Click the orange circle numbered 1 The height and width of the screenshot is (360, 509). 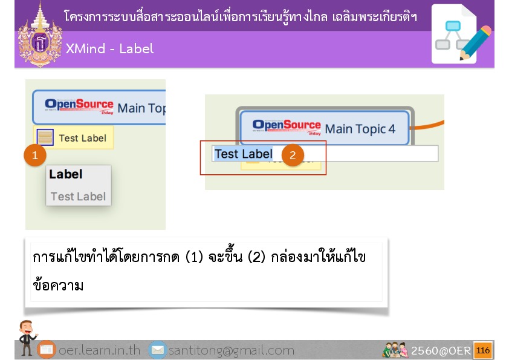35,155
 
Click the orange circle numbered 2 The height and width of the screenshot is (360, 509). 293,155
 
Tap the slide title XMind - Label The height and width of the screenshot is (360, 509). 109,49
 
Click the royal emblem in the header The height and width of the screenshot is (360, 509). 40,36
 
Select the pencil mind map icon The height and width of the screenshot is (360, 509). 461,34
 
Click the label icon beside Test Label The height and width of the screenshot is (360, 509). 45,137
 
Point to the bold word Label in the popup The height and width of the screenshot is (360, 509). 66,174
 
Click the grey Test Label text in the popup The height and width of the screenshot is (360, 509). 78,196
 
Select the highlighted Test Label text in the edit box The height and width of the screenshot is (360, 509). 244,154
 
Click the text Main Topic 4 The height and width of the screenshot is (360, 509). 360,129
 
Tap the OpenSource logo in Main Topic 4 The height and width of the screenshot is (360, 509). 287,127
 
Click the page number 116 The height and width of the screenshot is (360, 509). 483,350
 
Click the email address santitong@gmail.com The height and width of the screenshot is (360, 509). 232,350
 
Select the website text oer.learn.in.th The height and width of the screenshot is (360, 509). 99,350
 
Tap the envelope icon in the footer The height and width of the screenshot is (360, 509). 158,350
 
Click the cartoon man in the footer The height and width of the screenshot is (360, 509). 27,338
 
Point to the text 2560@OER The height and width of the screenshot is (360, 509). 441,350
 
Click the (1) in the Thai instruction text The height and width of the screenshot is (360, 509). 195,257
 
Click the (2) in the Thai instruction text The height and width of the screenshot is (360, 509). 256,257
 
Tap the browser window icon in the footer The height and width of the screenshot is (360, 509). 47,350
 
